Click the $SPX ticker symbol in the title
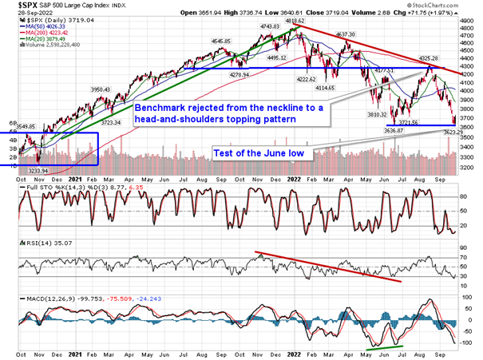[14, 6]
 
